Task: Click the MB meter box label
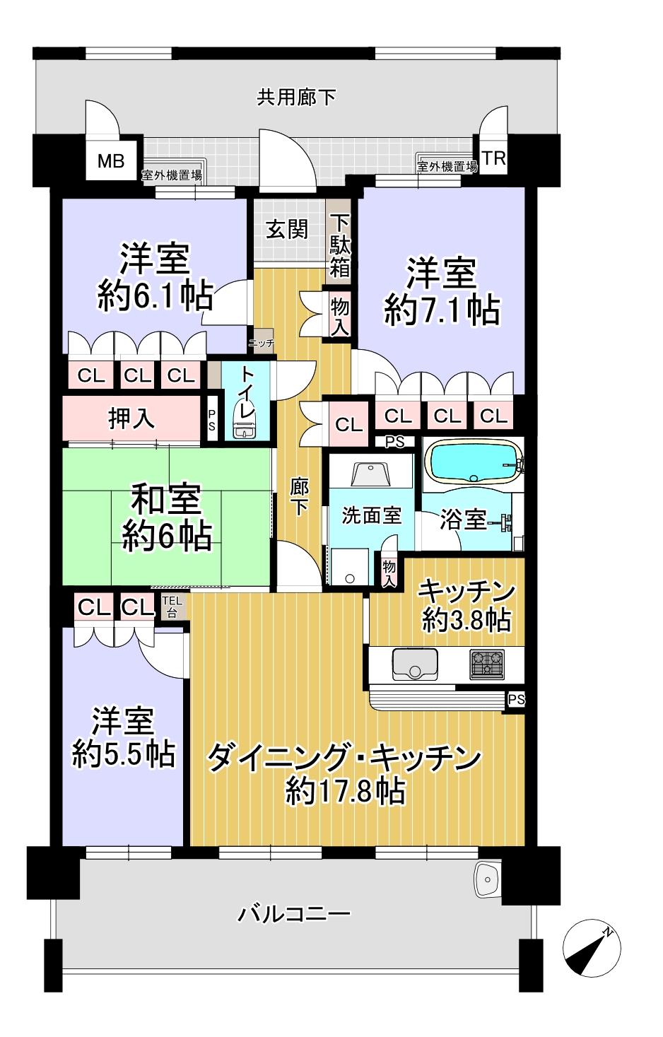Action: click(111, 161)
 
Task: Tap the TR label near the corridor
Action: click(493, 158)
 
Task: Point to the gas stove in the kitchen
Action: click(486, 664)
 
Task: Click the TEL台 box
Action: click(172, 606)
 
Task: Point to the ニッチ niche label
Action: click(262, 343)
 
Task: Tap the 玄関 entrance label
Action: click(287, 229)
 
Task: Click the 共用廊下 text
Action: click(296, 98)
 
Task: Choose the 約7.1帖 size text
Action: click(442, 310)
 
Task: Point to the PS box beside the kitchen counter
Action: click(516, 699)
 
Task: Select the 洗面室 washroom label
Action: click(371, 515)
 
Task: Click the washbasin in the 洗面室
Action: click(371, 473)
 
